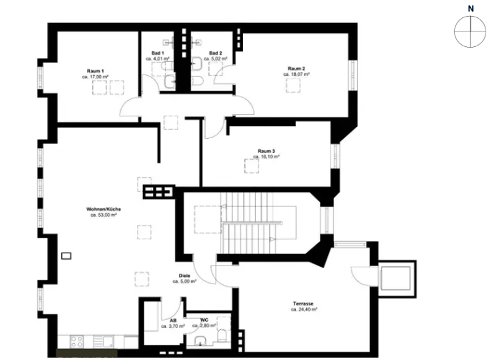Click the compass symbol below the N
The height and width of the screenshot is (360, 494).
click(x=470, y=32)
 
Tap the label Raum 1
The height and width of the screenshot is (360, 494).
click(x=96, y=70)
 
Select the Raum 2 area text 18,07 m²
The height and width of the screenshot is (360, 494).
click(x=297, y=75)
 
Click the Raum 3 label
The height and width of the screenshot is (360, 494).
click(x=266, y=151)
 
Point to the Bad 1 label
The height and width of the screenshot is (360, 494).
click(x=158, y=53)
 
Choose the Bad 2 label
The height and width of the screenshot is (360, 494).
click(x=215, y=53)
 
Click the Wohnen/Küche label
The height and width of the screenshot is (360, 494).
click(x=104, y=210)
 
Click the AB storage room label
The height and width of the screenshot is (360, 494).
click(x=173, y=320)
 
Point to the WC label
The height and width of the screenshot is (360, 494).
click(x=203, y=319)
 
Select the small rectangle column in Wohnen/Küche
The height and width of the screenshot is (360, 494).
click(x=65, y=256)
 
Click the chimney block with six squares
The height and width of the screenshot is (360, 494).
click(x=159, y=192)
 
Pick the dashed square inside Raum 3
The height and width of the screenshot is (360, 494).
click(x=248, y=166)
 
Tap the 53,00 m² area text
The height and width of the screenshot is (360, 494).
click(x=104, y=215)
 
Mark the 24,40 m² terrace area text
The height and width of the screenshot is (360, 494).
click(x=304, y=309)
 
